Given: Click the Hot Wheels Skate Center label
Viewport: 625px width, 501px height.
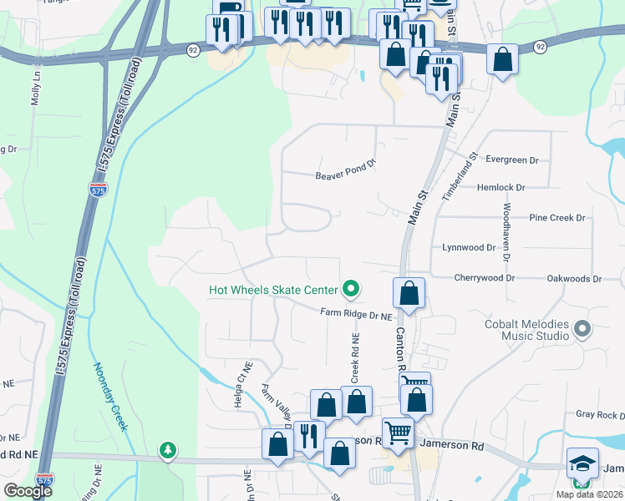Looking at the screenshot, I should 273,290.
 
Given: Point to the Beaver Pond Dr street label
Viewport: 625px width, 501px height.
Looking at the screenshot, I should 346,175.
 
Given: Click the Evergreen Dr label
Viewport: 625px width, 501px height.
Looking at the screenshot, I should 512,159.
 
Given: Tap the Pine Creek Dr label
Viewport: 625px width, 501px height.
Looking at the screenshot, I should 558,217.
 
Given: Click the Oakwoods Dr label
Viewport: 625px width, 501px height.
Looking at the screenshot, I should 574,278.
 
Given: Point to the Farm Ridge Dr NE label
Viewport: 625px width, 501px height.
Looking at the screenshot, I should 356,314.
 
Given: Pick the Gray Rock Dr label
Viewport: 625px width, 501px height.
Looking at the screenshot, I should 600,414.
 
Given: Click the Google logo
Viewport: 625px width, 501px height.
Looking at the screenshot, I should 28,491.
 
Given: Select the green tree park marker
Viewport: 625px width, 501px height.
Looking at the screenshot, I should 168,451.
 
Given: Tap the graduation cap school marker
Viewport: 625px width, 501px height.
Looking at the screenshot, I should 582,462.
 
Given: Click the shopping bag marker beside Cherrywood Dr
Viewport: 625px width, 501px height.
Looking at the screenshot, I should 409,294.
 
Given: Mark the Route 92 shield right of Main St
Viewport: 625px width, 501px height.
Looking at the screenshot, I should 541,48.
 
